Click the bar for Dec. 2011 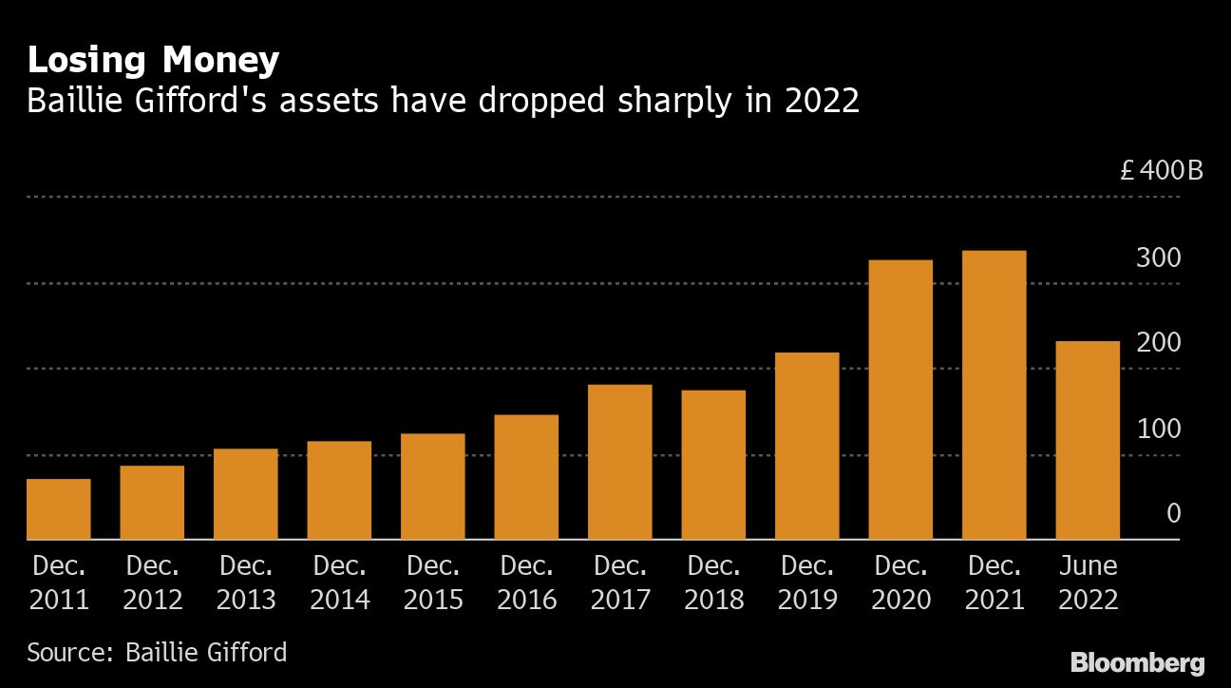(59, 509)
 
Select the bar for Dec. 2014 (339, 490)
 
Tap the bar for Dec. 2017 (620, 462)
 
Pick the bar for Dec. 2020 (900, 399)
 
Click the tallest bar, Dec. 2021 (994, 394)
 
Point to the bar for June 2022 (1088, 440)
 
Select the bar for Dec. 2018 (713, 465)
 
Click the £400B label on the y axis (1161, 172)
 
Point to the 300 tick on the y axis (1159, 258)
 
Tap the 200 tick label (1159, 343)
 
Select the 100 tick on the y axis (1159, 429)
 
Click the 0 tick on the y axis (1173, 514)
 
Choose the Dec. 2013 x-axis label (246, 583)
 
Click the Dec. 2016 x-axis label (526, 583)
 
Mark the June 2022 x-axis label (1088, 583)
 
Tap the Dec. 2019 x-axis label (807, 583)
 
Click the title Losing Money (153, 61)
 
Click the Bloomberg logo (1137, 662)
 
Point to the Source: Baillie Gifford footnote (157, 653)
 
